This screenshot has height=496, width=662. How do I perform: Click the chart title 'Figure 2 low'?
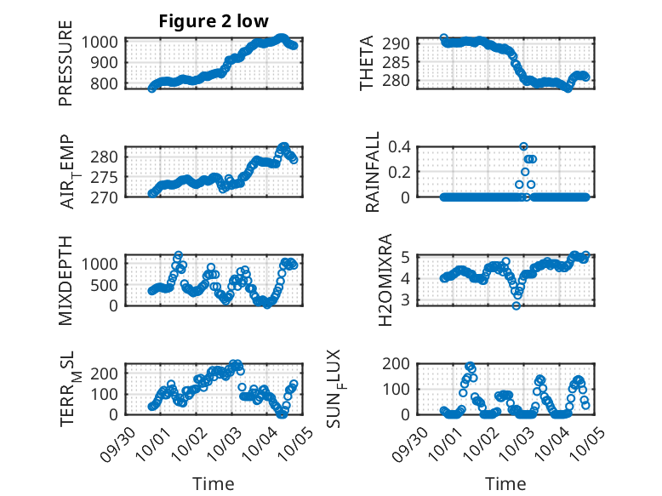coord(214,22)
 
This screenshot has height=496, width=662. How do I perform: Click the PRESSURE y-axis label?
coord(66,70)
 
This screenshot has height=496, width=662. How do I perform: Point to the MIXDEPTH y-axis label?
coord(66,281)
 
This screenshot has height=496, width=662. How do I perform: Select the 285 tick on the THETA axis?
coord(400,61)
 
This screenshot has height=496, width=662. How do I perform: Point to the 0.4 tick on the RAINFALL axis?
coord(400,146)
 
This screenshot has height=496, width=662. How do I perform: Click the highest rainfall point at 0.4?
coord(524,146)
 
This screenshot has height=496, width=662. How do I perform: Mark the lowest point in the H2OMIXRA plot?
coord(516,305)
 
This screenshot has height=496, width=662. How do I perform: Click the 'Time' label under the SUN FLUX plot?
coord(505,483)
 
